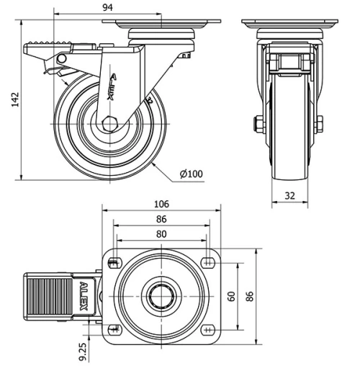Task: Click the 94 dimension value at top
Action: click(x=107, y=8)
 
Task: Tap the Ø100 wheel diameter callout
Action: click(x=192, y=173)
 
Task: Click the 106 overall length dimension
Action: click(x=161, y=204)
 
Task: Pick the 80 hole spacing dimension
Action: click(x=161, y=233)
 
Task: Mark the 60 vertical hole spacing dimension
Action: click(x=231, y=296)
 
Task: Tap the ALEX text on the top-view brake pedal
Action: click(x=83, y=296)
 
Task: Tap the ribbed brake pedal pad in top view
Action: click(x=48, y=296)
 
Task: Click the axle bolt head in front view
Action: click(x=257, y=124)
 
